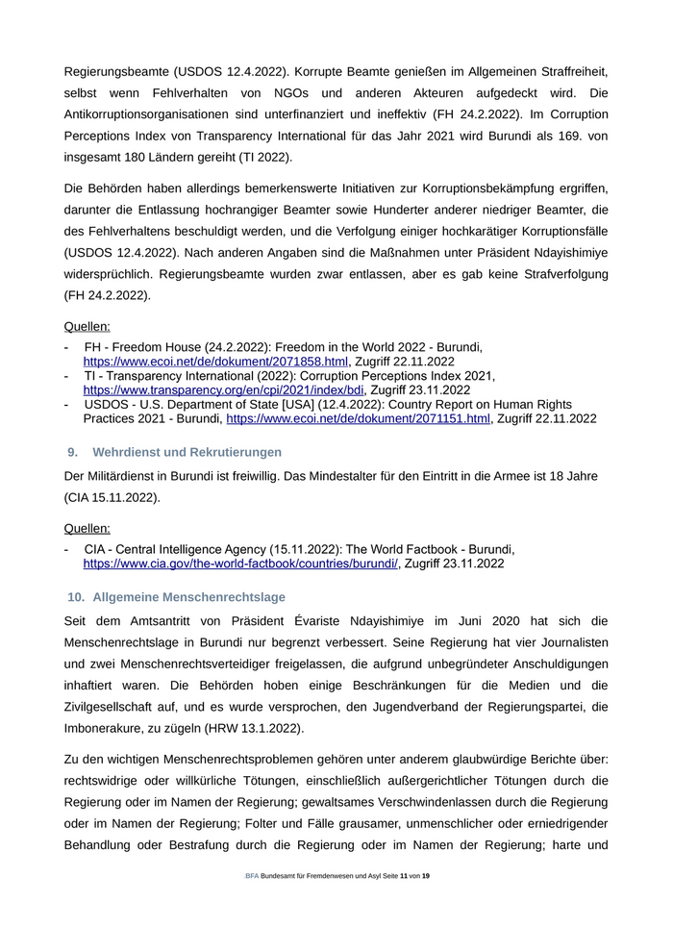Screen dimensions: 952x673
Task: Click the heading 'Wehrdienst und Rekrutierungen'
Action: tap(187, 452)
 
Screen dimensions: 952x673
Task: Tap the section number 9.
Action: tap(72, 452)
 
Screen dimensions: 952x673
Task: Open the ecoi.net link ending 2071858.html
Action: tap(215, 361)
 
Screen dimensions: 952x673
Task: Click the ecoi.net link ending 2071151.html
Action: tap(358, 419)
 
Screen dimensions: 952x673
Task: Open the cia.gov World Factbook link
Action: tap(240, 564)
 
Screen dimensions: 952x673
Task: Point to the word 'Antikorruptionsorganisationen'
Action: tap(159, 114)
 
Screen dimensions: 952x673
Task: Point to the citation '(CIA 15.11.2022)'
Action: tap(112, 498)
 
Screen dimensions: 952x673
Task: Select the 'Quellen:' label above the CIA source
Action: tap(87, 528)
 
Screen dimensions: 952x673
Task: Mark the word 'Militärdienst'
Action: tap(127, 476)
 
